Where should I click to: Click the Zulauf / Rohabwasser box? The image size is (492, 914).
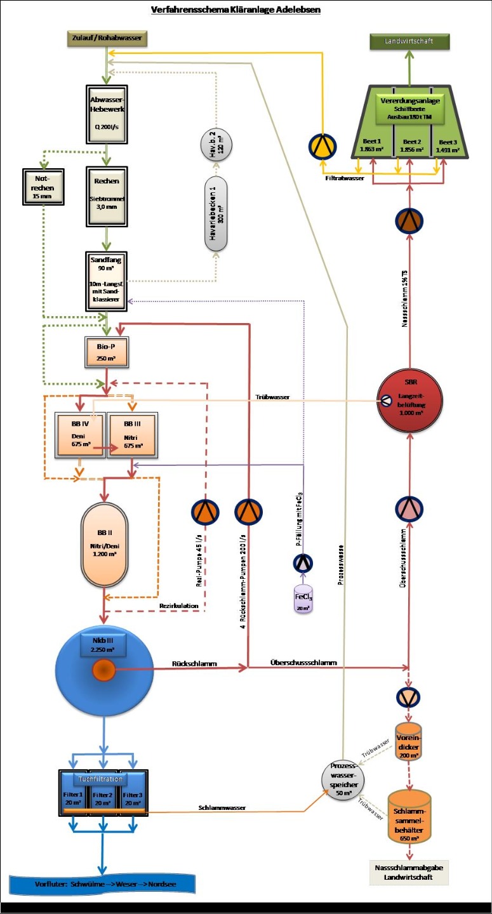(107, 39)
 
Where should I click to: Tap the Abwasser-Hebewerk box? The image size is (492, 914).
(107, 112)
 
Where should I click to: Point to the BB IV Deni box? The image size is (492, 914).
(82, 435)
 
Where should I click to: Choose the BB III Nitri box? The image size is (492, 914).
(133, 435)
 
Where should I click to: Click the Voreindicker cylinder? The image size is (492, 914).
(409, 743)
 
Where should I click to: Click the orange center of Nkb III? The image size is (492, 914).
(103, 670)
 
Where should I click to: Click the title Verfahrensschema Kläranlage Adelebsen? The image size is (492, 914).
(236, 10)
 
